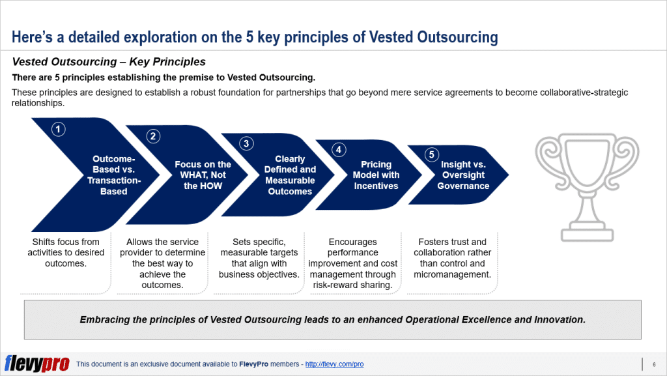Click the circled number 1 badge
click(x=59, y=129)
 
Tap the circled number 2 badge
click(x=153, y=136)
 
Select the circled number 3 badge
click(x=246, y=143)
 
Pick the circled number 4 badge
click(x=338, y=149)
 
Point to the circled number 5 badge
click(x=431, y=154)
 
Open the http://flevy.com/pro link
click(x=334, y=364)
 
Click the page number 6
click(x=653, y=364)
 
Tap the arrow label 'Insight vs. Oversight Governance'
click(x=463, y=175)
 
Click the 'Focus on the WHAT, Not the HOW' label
click(x=203, y=175)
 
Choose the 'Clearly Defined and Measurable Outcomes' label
click(x=290, y=175)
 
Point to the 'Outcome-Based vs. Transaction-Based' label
click(x=113, y=175)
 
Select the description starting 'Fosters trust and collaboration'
click(x=452, y=258)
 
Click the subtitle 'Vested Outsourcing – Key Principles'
click(x=109, y=63)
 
